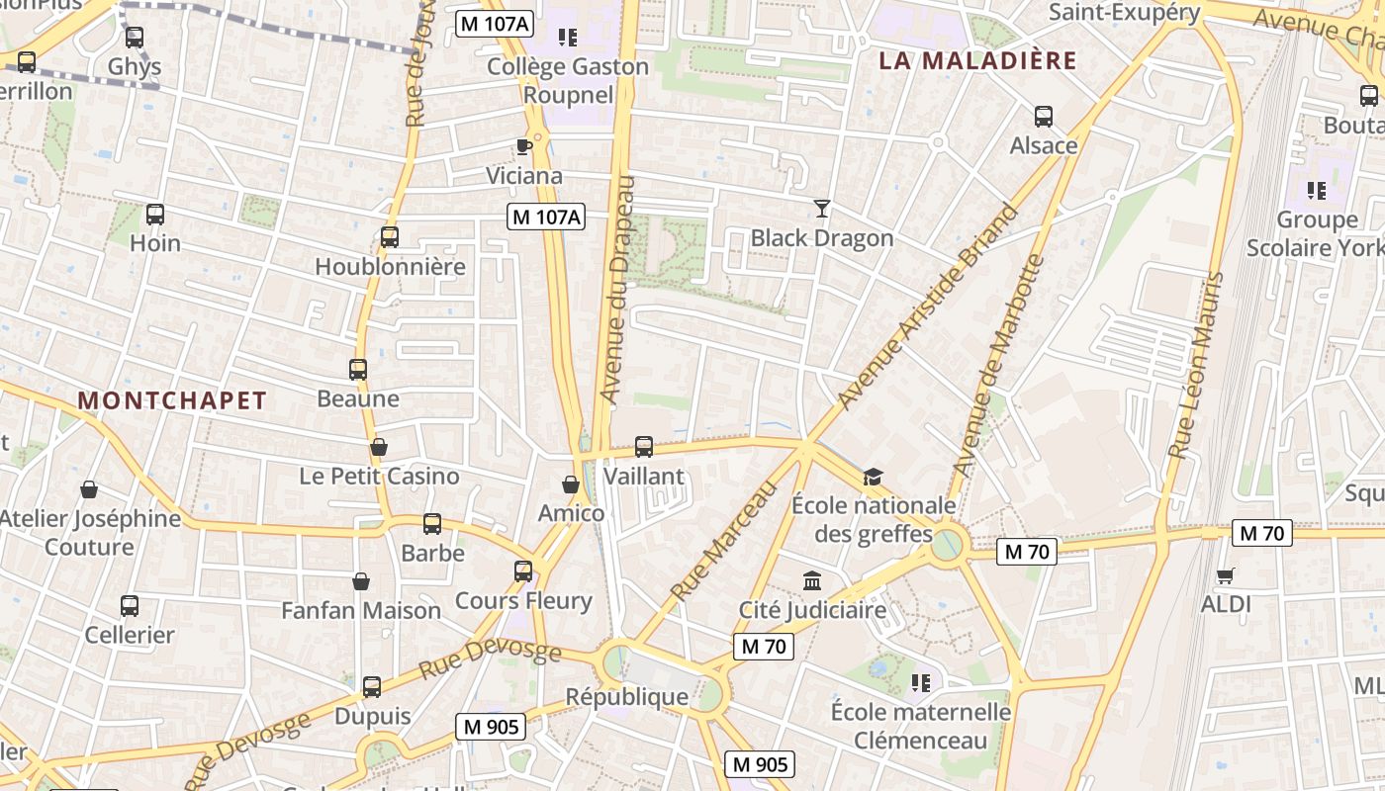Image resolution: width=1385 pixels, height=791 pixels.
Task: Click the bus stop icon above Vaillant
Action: click(644, 447)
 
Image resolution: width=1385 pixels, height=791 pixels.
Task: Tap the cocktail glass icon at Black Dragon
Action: click(821, 208)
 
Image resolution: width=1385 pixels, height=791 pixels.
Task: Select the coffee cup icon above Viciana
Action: click(524, 147)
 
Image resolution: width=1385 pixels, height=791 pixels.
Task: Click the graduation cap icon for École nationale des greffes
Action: click(872, 478)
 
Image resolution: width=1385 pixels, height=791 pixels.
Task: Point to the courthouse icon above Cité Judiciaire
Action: click(812, 580)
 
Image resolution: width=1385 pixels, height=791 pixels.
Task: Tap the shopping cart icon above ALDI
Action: click(1226, 575)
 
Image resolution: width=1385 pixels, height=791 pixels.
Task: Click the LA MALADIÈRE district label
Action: click(977, 60)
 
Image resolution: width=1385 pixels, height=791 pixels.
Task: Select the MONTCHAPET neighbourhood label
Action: click(172, 400)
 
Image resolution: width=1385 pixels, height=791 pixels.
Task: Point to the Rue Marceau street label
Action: click(723, 541)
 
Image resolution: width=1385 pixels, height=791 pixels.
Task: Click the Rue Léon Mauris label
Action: click(1195, 366)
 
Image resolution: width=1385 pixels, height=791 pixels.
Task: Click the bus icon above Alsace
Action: click(1043, 117)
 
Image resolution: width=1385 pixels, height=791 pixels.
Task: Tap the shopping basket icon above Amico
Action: click(571, 484)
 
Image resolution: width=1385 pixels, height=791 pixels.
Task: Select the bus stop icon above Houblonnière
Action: click(390, 237)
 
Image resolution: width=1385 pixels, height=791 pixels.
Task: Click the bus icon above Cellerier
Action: click(130, 606)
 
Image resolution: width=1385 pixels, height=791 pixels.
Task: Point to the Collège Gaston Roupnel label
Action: click(568, 81)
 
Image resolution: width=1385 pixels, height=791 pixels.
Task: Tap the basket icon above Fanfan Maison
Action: click(361, 581)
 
